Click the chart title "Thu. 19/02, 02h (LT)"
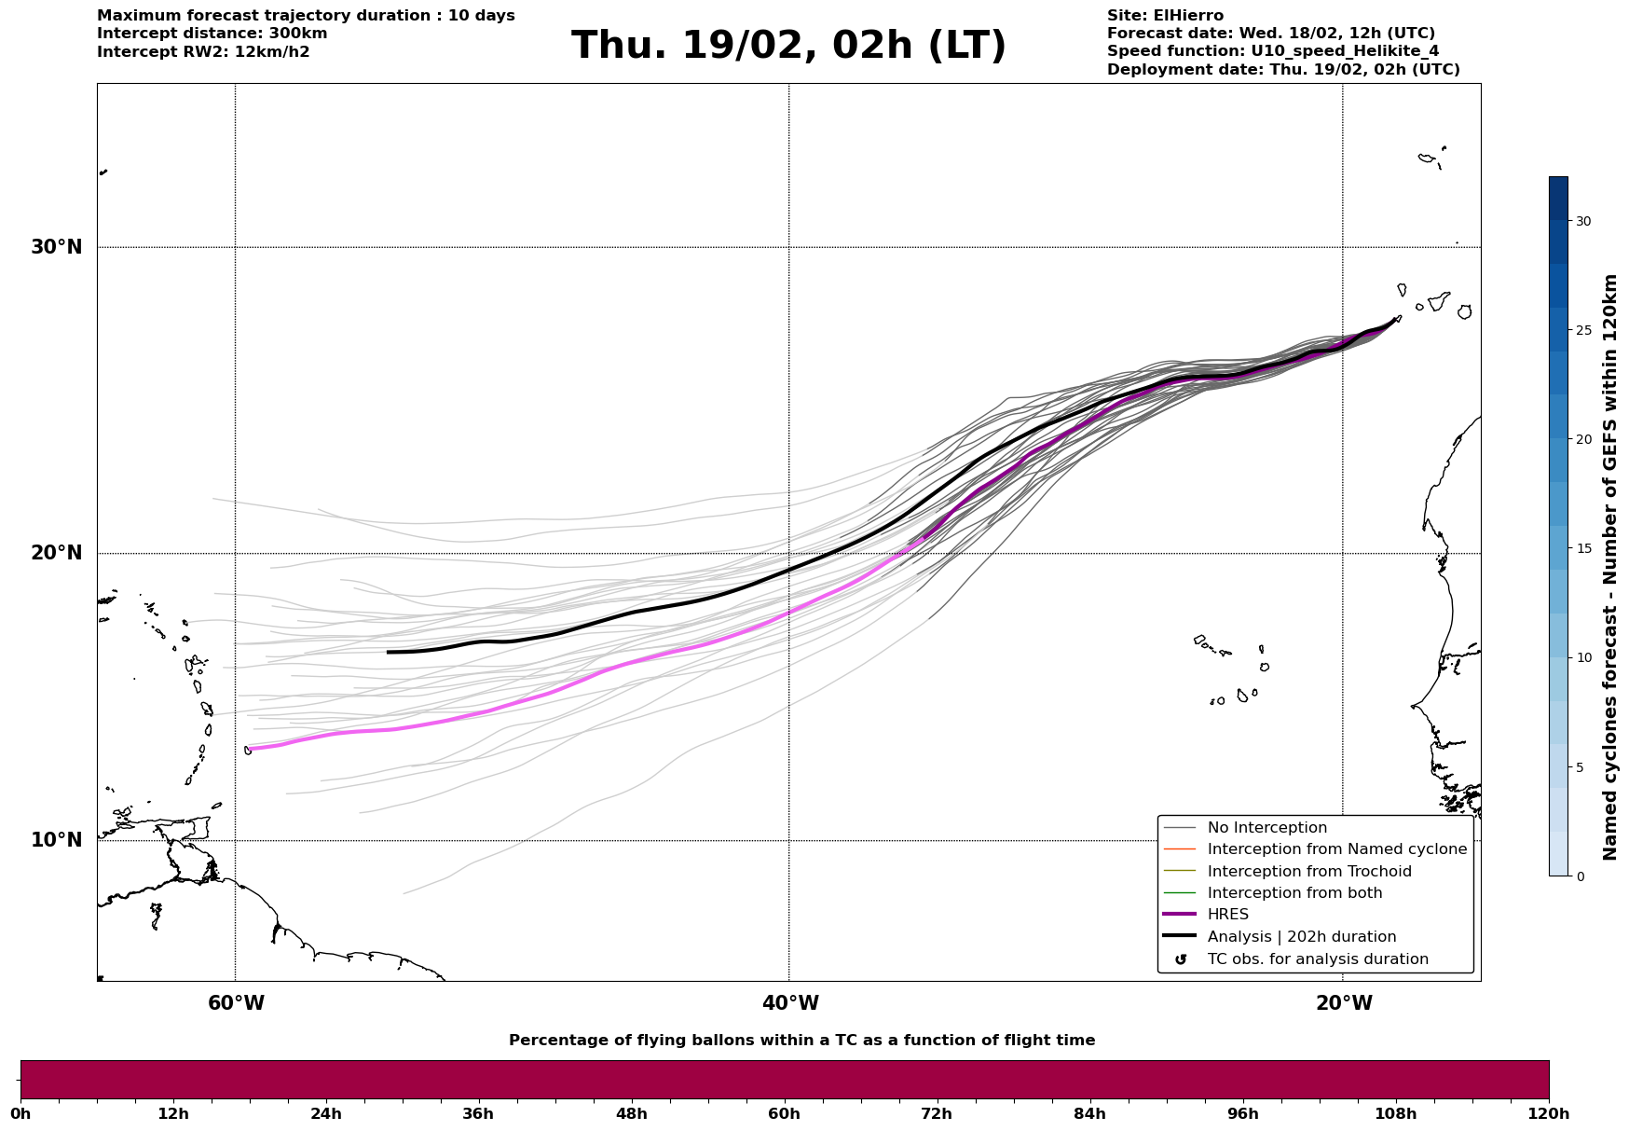point(788,46)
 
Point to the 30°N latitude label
point(56,247)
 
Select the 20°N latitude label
point(56,553)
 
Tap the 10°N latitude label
point(56,840)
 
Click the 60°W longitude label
point(236,1003)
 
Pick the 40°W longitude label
point(790,1003)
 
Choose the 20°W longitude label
point(1344,1003)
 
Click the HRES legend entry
point(1227,915)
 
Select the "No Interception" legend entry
point(1266,828)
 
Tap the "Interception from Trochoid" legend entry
point(1308,872)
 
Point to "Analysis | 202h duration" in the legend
point(1301,937)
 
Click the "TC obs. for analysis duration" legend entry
point(1317,959)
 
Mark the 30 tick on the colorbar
point(1582,221)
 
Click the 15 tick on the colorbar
point(1582,548)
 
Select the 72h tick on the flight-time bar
point(937,1113)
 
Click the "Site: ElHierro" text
point(1165,16)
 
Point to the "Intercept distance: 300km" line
point(212,34)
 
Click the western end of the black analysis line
point(389,652)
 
